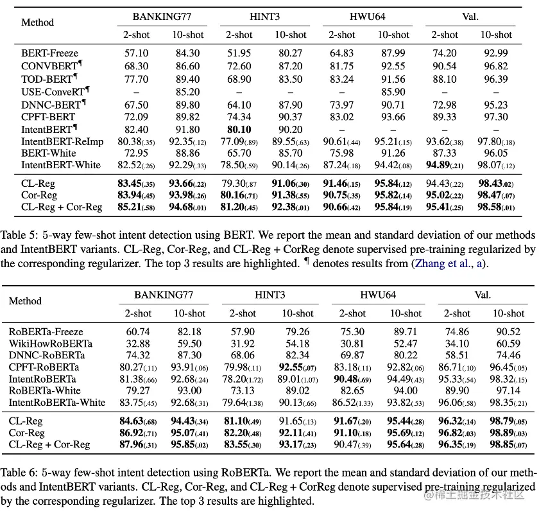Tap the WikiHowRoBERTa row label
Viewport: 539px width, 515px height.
click(x=50, y=344)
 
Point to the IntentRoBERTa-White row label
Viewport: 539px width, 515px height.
click(x=56, y=403)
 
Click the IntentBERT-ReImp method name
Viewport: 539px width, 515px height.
click(x=61, y=141)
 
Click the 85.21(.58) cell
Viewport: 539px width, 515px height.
click(x=137, y=207)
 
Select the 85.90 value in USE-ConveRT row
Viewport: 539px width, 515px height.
click(x=393, y=92)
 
